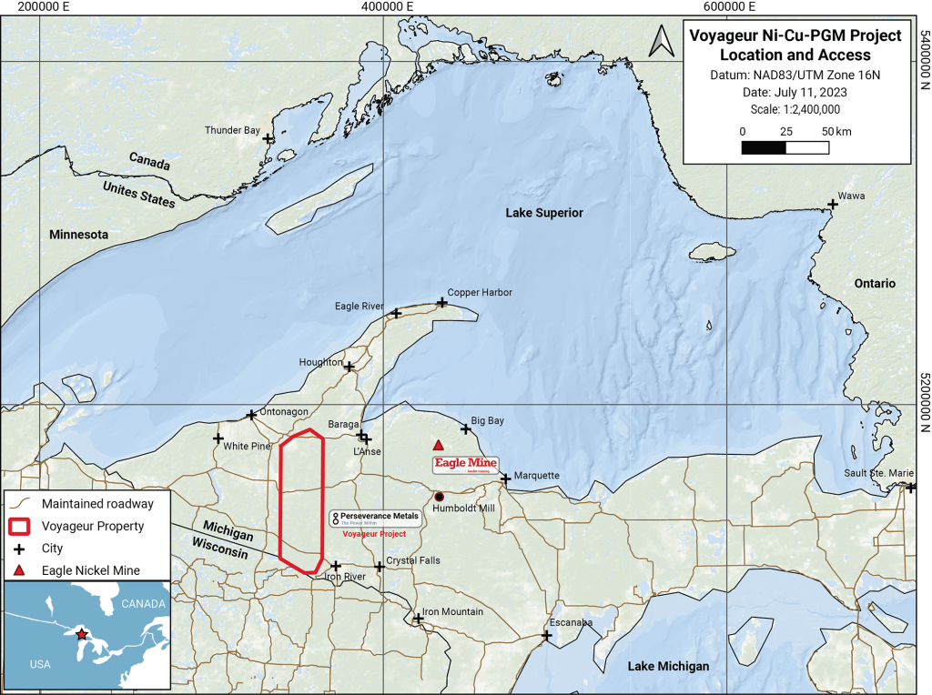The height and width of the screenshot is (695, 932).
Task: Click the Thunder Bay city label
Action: pos(233,130)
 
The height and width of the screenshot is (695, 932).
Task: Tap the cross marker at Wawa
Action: pos(832,205)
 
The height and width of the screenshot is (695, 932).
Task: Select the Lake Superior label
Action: pos(544,212)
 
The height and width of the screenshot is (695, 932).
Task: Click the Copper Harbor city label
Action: pos(480,292)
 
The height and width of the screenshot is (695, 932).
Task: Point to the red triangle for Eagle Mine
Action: pos(438,445)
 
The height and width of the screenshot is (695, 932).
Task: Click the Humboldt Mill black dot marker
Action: pos(439,497)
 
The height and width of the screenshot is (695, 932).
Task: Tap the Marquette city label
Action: pos(537,476)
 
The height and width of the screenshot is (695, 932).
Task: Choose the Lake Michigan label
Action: pos(668,667)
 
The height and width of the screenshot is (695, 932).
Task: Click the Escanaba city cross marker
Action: pos(546,635)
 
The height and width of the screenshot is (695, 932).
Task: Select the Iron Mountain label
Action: pos(453,611)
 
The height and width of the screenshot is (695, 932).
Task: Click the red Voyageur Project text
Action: pos(374,534)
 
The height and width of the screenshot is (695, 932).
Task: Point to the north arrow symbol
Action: pos(664,40)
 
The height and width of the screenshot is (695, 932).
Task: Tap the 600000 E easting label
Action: pos(730,6)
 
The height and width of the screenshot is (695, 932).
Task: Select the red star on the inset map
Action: pos(82,633)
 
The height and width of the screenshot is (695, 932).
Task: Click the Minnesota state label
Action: pos(78,235)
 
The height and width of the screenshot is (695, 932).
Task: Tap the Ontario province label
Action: pos(875,283)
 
